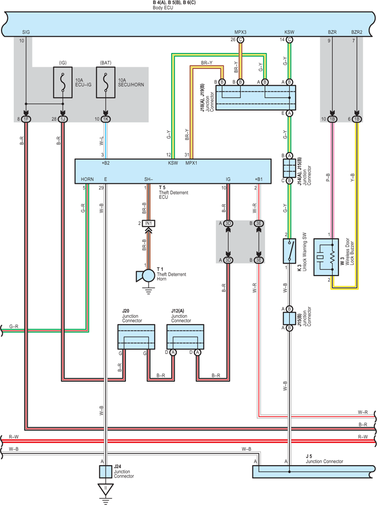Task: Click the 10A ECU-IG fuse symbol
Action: [x=63, y=83]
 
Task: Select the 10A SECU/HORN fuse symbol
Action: [x=106, y=83]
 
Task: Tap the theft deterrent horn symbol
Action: [x=146, y=276]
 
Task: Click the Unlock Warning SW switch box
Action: [x=289, y=251]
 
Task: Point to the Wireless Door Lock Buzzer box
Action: [x=326, y=257]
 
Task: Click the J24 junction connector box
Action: [x=106, y=471]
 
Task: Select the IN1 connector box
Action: [x=148, y=223]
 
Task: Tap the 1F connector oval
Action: [x=26, y=119]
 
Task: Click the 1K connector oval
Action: [x=106, y=119]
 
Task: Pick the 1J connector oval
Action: [x=63, y=119]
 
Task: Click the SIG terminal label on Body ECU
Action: [x=26, y=32]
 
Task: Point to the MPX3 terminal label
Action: [x=240, y=32]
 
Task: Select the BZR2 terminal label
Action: [x=357, y=32]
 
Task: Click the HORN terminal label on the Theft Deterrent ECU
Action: [x=87, y=179]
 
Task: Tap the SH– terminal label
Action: [x=148, y=179]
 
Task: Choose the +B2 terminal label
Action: [x=106, y=163]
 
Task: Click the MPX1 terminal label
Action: [x=192, y=163]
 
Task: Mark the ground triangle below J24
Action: [x=106, y=489]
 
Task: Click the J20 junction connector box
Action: [x=136, y=337]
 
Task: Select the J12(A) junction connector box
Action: [x=185, y=337]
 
